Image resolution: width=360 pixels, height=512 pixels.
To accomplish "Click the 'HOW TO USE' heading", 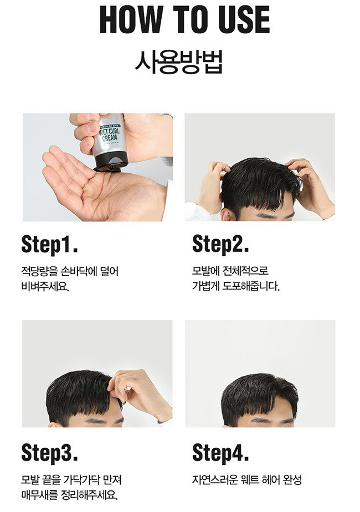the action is [184, 19].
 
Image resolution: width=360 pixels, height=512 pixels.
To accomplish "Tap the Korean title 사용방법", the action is [179, 61].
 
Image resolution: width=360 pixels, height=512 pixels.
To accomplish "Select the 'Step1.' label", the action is [50, 244].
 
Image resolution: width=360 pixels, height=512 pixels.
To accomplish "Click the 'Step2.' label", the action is [220, 244].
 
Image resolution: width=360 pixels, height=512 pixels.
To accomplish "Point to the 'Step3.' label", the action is [50, 453].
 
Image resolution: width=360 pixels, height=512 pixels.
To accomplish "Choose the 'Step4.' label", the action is [220, 453].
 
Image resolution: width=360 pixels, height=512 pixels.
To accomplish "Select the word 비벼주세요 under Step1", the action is [44, 286].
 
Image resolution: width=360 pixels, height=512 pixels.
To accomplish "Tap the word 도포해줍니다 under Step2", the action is [251, 286].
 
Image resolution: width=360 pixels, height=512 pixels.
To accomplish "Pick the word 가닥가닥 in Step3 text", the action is [81, 480].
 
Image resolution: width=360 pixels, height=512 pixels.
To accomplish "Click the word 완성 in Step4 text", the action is [292, 480].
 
